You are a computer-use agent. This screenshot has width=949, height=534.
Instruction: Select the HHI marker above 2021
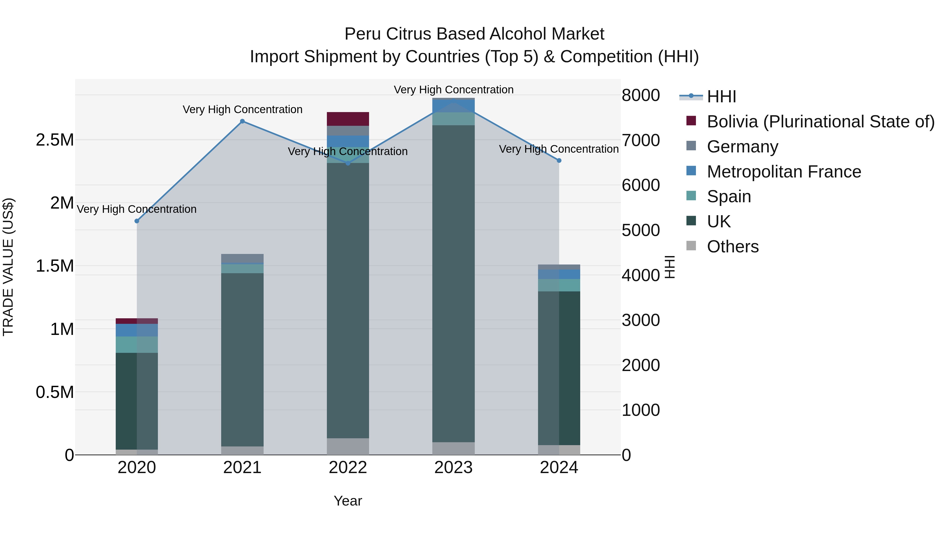click(243, 121)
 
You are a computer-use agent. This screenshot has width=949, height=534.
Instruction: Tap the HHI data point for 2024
click(559, 161)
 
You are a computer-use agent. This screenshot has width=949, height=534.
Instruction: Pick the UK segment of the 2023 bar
click(453, 284)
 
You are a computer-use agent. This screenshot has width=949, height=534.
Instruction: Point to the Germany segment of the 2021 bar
click(243, 258)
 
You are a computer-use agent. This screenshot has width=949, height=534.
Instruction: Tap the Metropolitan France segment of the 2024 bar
click(559, 274)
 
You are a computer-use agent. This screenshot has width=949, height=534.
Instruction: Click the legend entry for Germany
click(742, 147)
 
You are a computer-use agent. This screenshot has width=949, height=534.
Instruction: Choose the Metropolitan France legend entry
click(784, 172)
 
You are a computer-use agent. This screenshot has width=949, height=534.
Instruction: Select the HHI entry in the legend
click(721, 97)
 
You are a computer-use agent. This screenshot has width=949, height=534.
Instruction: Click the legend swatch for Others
click(691, 246)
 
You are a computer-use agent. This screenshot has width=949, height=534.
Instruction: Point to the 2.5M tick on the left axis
click(55, 140)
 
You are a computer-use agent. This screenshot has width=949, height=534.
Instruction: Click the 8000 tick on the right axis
click(641, 95)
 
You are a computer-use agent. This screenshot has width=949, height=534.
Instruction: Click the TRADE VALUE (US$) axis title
click(8, 267)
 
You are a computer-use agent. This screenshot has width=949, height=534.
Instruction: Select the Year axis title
click(348, 501)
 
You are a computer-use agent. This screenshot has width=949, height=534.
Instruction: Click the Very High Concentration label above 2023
click(453, 90)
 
